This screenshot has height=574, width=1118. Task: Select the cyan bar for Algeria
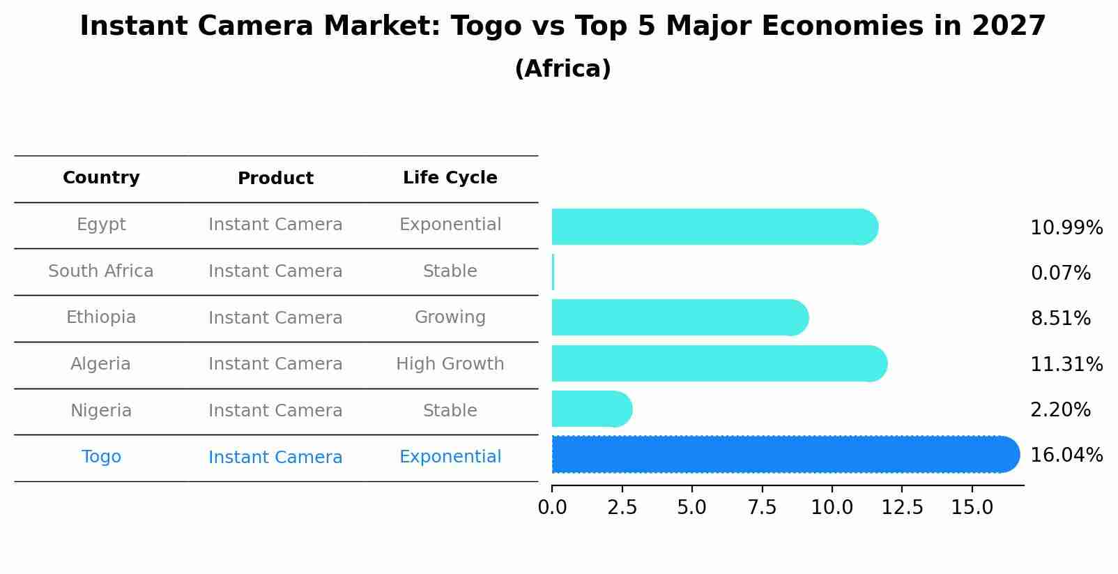tap(718, 363)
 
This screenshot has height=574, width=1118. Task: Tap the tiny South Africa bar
tap(553, 272)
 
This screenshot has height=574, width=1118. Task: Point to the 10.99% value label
tap(1066, 228)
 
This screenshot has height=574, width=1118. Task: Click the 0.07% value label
tap(1059, 273)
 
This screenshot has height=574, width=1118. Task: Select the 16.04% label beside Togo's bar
tap(1066, 455)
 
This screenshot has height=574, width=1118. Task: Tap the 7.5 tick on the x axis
tap(762, 508)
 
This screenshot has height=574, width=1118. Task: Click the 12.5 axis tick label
tap(902, 508)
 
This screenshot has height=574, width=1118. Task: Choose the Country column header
tap(101, 178)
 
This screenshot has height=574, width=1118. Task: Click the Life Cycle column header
tap(450, 178)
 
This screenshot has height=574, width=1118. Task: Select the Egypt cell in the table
tap(101, 225)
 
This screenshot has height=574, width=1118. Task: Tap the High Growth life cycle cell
tap(450, 364)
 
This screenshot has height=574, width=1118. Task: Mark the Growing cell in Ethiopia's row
tap(450, 317)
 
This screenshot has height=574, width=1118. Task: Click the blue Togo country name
tap(101, 457)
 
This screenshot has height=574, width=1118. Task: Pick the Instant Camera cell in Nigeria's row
tap(275, 411)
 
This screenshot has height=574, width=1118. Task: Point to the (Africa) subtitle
tap(562, 69)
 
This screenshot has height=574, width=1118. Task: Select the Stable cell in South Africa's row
tap(450, 271)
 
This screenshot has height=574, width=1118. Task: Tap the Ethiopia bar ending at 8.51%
tap(680, 317)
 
